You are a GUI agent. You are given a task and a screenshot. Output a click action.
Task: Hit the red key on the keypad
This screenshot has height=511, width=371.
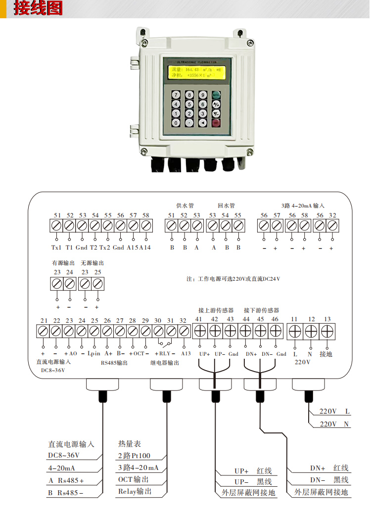(216, 122)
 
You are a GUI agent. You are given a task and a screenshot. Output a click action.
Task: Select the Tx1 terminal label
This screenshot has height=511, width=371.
(56, 247)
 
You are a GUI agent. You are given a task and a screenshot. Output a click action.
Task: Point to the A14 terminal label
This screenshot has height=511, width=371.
(145, 247)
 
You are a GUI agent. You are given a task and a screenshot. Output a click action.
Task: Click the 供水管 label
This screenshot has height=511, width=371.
(185, 205)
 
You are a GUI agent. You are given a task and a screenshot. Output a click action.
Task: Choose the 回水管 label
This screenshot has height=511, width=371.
(226, 205)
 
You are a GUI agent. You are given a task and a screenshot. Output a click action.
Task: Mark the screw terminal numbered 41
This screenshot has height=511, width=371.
(200, 331)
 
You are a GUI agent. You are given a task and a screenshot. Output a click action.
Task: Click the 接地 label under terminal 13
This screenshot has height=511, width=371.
(326, 354)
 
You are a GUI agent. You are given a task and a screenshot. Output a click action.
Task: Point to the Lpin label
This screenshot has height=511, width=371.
(94, 354)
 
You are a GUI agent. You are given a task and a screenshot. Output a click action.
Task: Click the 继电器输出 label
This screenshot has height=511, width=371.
(165, 363)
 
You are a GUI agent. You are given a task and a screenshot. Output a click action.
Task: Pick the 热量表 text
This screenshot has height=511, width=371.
(130, 444)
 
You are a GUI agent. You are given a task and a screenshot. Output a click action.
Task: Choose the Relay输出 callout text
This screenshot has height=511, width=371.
(135, 491)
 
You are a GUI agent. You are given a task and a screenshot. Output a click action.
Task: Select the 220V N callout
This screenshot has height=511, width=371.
(335, 424)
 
